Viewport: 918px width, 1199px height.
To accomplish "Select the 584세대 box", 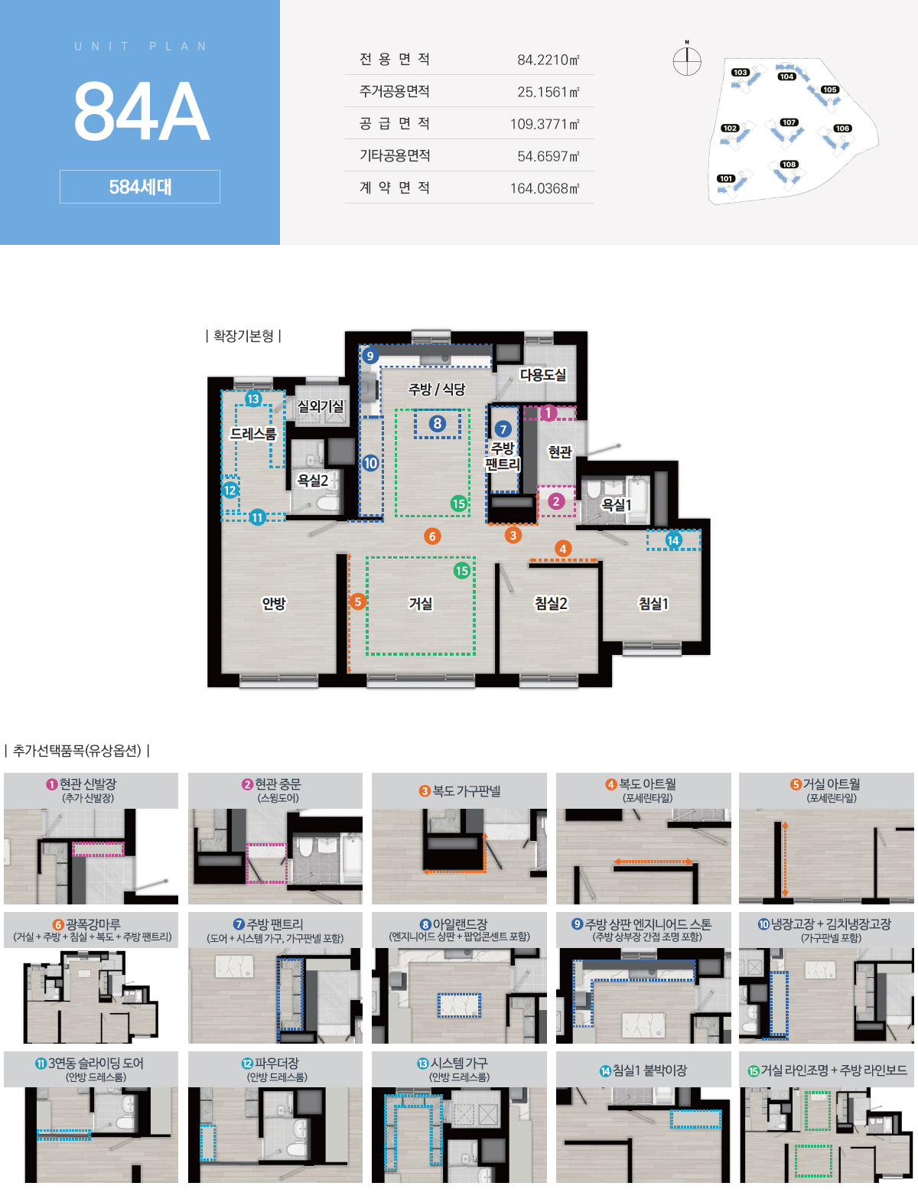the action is (139, 187).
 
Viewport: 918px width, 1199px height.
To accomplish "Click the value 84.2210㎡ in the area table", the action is (549, 60).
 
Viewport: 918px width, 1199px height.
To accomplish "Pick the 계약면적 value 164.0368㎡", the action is (545, 188).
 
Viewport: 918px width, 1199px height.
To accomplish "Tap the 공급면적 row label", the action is (395, 124).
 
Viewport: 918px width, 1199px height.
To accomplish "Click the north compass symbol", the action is (687, 60).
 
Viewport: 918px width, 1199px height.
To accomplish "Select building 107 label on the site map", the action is (789, 122).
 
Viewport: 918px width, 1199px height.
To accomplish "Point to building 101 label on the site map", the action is (726, 178).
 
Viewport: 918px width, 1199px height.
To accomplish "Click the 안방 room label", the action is (274, 603).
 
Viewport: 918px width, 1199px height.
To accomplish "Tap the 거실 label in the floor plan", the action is (421, 603).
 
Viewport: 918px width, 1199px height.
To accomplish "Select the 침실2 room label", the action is (551, 603).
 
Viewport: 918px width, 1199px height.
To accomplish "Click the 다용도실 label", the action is (543, 375).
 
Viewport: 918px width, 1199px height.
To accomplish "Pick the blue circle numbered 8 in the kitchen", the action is (438, 423).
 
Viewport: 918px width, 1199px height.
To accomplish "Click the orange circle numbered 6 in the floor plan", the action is (432, 536).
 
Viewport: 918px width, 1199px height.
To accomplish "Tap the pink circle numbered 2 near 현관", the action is (556, 501).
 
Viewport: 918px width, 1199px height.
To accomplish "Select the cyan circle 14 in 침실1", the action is (673, 540).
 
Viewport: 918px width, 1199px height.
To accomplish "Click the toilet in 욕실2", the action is (327, 503).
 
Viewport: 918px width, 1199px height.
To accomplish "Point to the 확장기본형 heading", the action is (243, 335).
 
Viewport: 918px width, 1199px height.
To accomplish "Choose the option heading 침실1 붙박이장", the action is (643, 1070).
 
